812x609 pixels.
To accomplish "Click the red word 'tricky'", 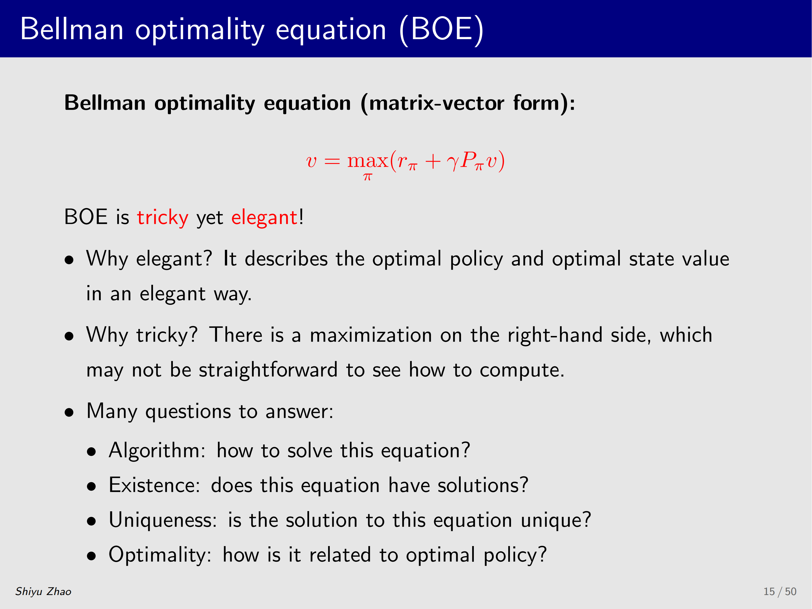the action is pyautogui.click(x=163, y=218).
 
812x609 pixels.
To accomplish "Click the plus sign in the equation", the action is pyautogui.click(x=433, y=161).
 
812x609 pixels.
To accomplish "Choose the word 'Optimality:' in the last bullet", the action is pyautogui.click(x=160, y=555).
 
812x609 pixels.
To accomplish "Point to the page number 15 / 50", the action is pyautogui.click(x=780, y=592).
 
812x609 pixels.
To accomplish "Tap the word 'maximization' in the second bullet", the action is pyautogui.click(x=371, y=335).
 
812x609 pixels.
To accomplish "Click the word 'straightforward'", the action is pyautogui.click(x=268, y=370).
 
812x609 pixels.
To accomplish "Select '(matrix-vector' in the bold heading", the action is pyautogui.click(x=432, y=103).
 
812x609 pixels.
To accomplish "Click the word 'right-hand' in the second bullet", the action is pyautogui.click(x=555, y=335).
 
